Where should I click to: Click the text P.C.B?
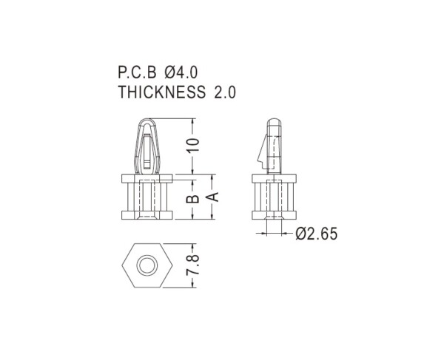point(137,72)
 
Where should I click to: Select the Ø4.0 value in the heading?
point(181,72)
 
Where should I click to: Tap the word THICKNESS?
point(161,92)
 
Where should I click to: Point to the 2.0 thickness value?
point(224,92)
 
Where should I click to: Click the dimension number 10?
point(193,145)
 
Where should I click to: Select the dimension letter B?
point(193,199)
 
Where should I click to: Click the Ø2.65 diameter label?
point(317,234)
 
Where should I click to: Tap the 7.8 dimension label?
point(193,265)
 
